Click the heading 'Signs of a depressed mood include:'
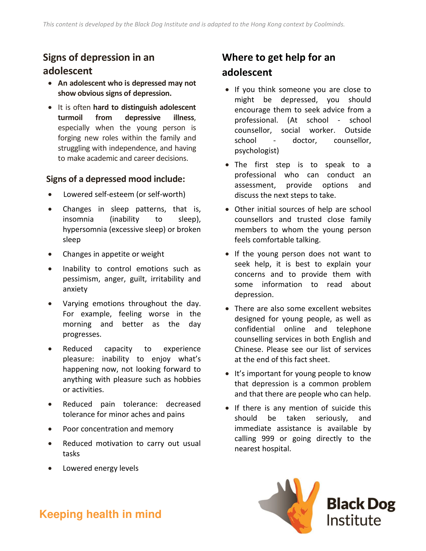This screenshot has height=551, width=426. (x=116, y=179)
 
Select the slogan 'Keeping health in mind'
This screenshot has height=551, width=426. (x=100, y=514)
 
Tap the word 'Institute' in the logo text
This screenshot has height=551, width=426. (x=354, y=520)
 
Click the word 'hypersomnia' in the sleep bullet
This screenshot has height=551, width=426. (x=85, y=229)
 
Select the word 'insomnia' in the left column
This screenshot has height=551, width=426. (x=78, y=219)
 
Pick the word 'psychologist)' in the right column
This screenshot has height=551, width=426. (x=257, y=151)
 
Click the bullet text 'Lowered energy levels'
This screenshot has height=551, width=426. (x=100, y=468)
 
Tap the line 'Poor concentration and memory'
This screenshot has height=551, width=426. (x=118, y=429)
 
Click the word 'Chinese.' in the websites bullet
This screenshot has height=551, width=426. (x=249, y=349)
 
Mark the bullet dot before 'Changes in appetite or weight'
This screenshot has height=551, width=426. (x=50, y=254)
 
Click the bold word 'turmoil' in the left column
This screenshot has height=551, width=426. (x=70, y=117)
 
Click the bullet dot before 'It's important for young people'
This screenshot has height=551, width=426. (x=227, y=374)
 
